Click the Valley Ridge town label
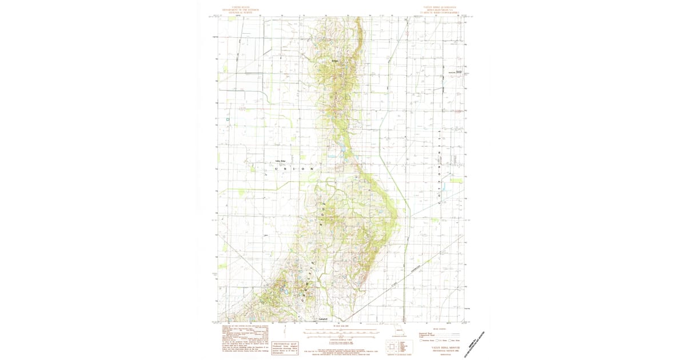click(x=280, y=161)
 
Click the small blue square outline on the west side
click(x=228, y=119)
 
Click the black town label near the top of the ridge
click(x=336, y=61)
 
